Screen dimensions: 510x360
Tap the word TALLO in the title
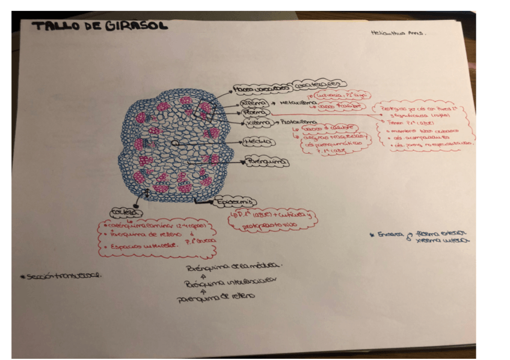pyautogui.click(x=54, y=25)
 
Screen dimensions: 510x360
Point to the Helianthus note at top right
pyautogui.click(x=398, y=34)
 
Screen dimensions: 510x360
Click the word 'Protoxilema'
pyautogui.click(x=300, y=122)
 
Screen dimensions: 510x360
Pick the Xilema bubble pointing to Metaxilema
pyautogui.click(x=253, y=103)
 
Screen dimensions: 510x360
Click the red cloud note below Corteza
pyautogui.click(x=157, y=237)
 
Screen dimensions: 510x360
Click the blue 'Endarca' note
pyautogui.click(x=420, y=236)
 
